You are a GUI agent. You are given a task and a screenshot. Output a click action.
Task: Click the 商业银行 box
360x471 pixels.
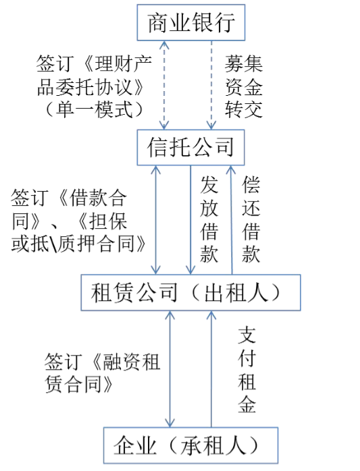coord(191,22)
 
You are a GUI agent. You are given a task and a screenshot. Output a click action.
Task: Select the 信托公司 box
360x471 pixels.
coord(190,148)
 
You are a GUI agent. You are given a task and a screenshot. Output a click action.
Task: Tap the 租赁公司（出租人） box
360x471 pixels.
coord(190,293)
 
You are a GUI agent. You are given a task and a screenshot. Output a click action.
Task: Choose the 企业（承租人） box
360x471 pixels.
coord(190,445)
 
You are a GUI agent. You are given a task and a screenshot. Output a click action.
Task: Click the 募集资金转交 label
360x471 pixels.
coord(244,86)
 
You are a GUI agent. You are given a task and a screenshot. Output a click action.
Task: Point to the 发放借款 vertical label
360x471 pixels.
coord(209,219)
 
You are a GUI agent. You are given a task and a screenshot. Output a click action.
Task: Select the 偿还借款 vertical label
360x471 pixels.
coord(251,219)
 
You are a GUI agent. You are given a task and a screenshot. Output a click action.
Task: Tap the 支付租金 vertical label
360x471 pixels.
coord(247,370)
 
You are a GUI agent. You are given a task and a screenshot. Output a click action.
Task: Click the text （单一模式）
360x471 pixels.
coord(94,109)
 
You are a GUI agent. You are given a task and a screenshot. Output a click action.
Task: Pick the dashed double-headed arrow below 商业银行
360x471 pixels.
coord(164,85)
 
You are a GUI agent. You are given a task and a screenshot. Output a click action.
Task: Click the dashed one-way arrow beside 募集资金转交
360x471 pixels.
coord(211,85)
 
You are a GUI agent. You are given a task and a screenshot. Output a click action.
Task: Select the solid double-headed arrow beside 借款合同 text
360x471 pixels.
coord(155,220)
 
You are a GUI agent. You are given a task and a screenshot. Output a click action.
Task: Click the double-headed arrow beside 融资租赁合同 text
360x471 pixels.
coord(170,369)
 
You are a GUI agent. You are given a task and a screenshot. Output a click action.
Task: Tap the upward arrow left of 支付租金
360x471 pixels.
coord(211,369)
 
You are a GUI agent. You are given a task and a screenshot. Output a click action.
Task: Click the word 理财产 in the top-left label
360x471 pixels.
coord(124,64)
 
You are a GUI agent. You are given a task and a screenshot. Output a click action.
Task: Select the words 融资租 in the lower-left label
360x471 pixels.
coord(131,362)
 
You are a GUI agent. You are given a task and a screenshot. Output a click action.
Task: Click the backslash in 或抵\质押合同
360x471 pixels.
coord(53,244)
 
